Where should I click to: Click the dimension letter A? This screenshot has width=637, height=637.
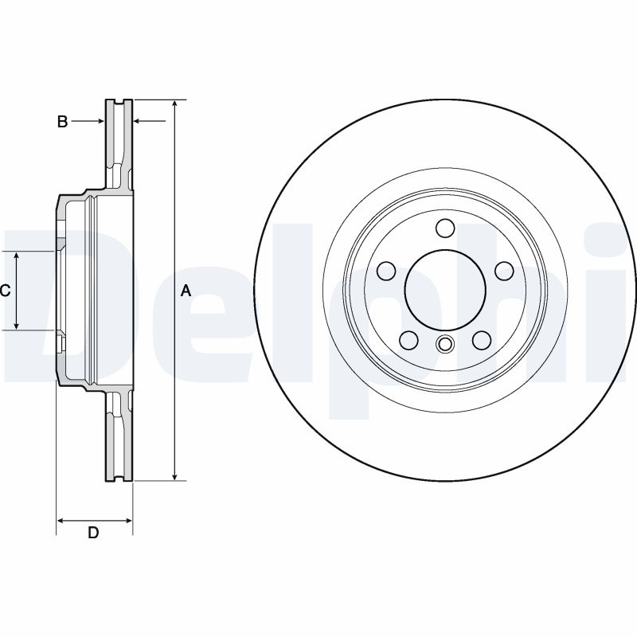pyautogui.click(x=186, y=291)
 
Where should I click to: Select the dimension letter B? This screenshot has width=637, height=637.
pyautogui.click(x=61, y=122)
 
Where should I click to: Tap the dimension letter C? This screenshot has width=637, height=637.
pyautogui.click(x=5, y=291)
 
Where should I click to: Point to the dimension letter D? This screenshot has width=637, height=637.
pyautogui.click(x=93, y=533)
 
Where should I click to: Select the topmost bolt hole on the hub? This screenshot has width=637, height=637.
pyautogui.click(x=445, y=229)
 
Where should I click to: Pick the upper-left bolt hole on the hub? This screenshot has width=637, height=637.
pyautogui.click(x=386, y=272)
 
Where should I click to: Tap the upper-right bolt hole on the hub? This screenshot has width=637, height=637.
pyautogui.click(x=504, y=272)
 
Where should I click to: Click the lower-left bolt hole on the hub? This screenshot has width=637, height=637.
pyautogui.click(x=408, y=341)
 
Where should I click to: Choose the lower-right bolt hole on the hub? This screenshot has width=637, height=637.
pyautogui.click(x=482, y=341)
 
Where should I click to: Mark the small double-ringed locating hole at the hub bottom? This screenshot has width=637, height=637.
pyautogui.click(x=445, y=345)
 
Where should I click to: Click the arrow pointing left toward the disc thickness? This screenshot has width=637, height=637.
pyautogui.click(x=139, y=122)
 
